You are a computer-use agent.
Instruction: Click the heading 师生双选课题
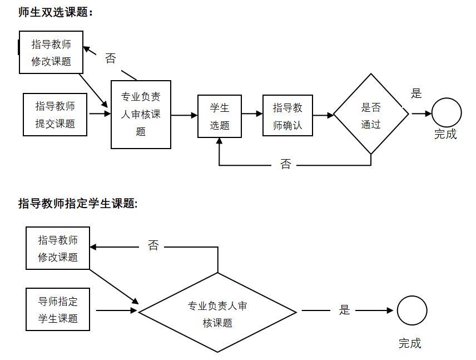(54, 12)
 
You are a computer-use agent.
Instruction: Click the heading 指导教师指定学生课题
(77, 204)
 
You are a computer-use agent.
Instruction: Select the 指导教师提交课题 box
(56, 115)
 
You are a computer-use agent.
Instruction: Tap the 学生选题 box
(220, 116)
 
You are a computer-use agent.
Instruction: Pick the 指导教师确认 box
(287, 116)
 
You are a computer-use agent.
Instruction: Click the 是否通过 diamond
(371, 115)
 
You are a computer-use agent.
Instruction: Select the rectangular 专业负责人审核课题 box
(141, 114)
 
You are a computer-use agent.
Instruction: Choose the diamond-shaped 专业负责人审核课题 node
(217, 313)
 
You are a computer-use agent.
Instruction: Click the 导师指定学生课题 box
(58, 310)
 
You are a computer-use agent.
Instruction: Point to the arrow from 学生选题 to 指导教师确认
(252, 114)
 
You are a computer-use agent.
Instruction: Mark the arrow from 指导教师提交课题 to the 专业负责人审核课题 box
(100, 114)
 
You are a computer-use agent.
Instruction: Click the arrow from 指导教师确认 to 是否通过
(323, 115)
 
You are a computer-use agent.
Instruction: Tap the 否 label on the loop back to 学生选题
(285, 165)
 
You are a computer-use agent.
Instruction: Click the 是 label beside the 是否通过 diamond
(416, 93)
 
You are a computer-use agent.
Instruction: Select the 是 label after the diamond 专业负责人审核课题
(345, 310)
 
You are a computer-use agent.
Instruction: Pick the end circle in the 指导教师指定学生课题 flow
(411, 311)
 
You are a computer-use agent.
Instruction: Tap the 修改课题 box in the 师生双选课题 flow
(51, 53)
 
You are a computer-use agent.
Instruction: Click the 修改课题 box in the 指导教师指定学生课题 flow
(58, 248)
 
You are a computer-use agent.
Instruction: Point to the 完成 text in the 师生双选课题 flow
(445, 134)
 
